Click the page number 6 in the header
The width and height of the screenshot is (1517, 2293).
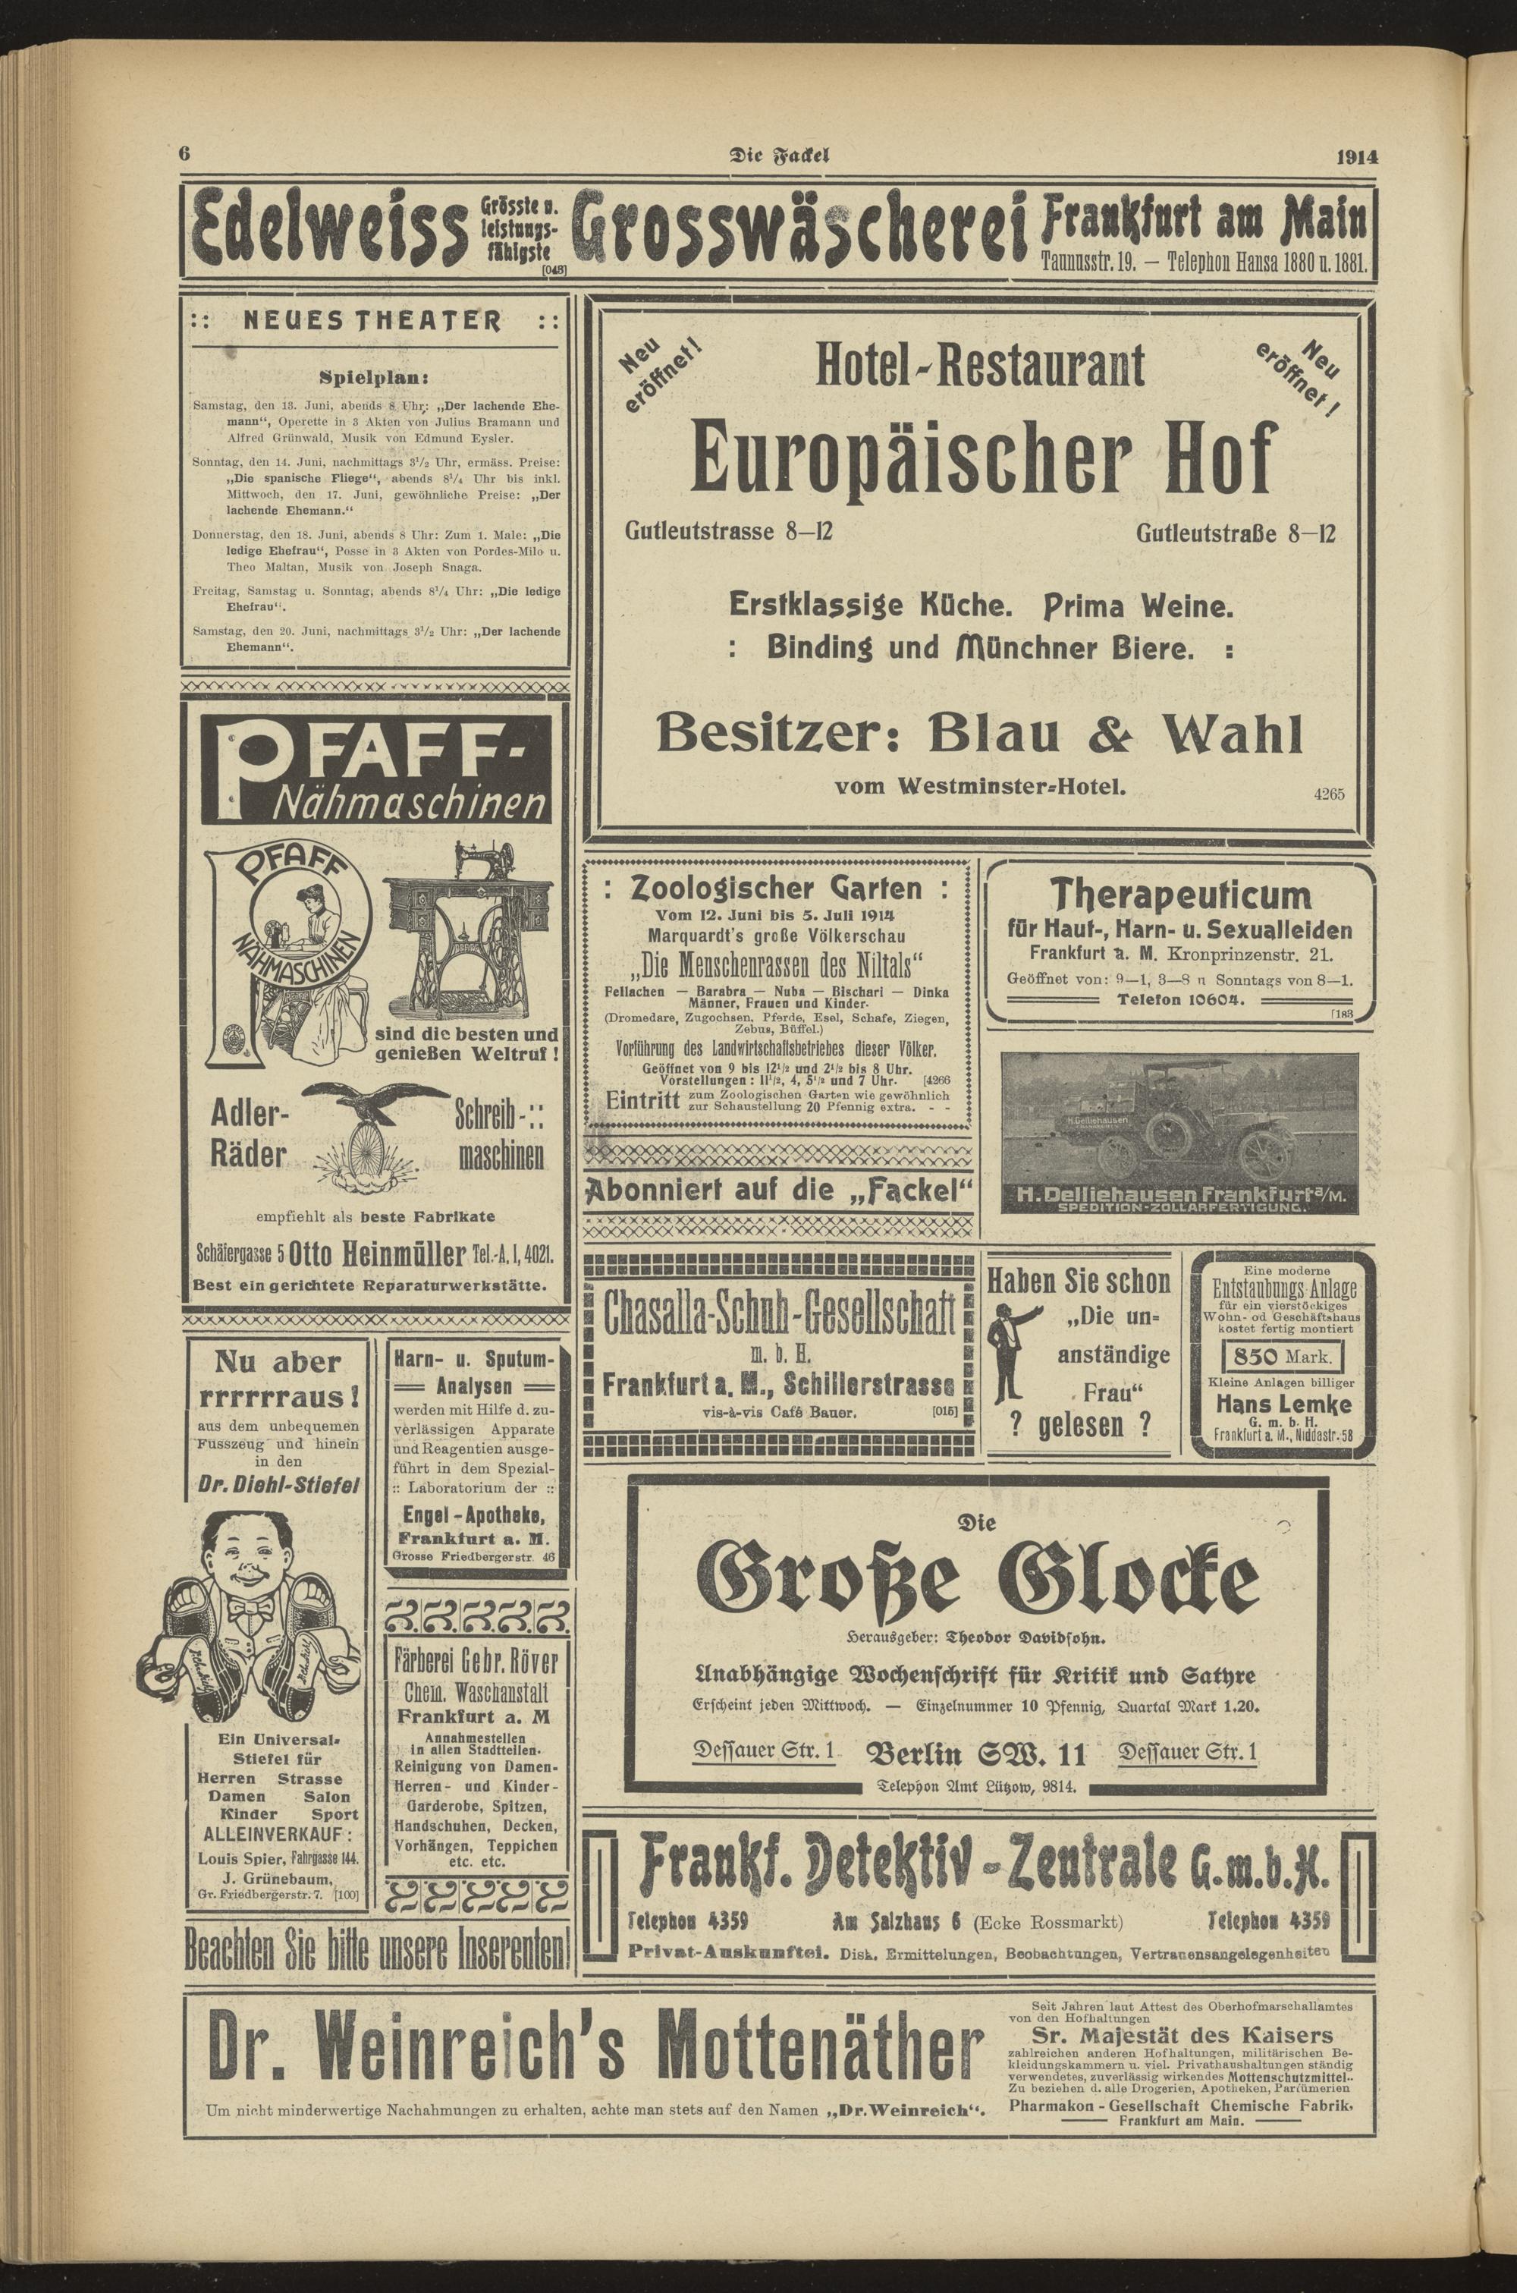click(182, 155)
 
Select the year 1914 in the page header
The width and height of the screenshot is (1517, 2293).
click(1356, 157)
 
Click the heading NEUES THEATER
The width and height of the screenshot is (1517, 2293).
click(373, 320)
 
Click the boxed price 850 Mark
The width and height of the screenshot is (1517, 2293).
click(1281, 1354)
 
